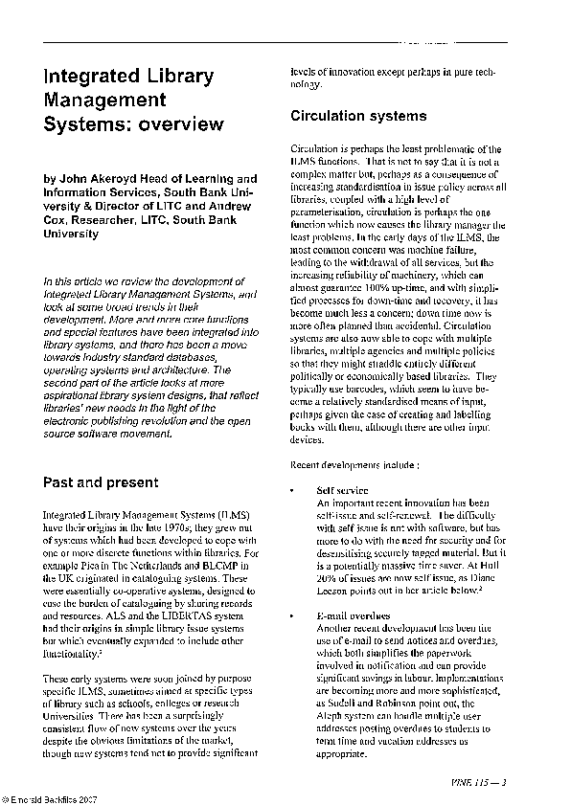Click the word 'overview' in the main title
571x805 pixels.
point(178,123)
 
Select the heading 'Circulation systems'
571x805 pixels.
point(357,117)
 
